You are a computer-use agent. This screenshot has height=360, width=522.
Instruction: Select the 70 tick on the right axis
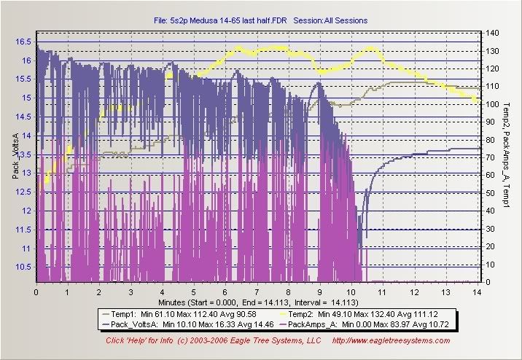[492, 158]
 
